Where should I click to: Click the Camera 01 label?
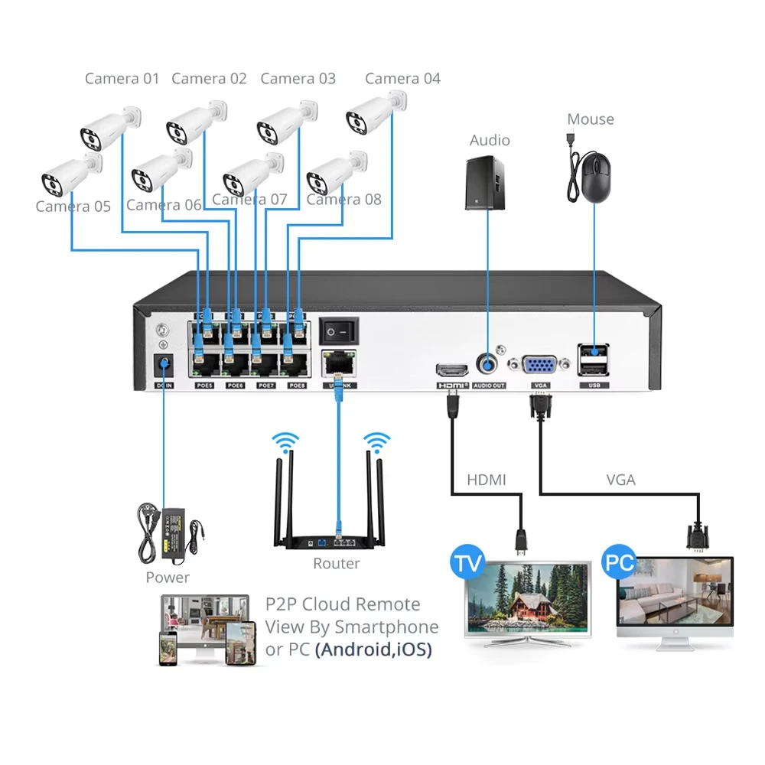pos(122,78)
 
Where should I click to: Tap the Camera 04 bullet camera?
pos(374,113)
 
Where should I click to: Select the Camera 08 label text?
pos(343,200)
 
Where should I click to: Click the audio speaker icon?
pos(486,183)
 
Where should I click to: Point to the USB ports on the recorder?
pos(594,361)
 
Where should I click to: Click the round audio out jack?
pos(488,364)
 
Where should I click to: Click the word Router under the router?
pos(336,564)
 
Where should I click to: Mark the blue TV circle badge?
pos(468,563)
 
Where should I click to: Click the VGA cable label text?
pos(620,480)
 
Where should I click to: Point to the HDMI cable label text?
pos(487,480)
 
